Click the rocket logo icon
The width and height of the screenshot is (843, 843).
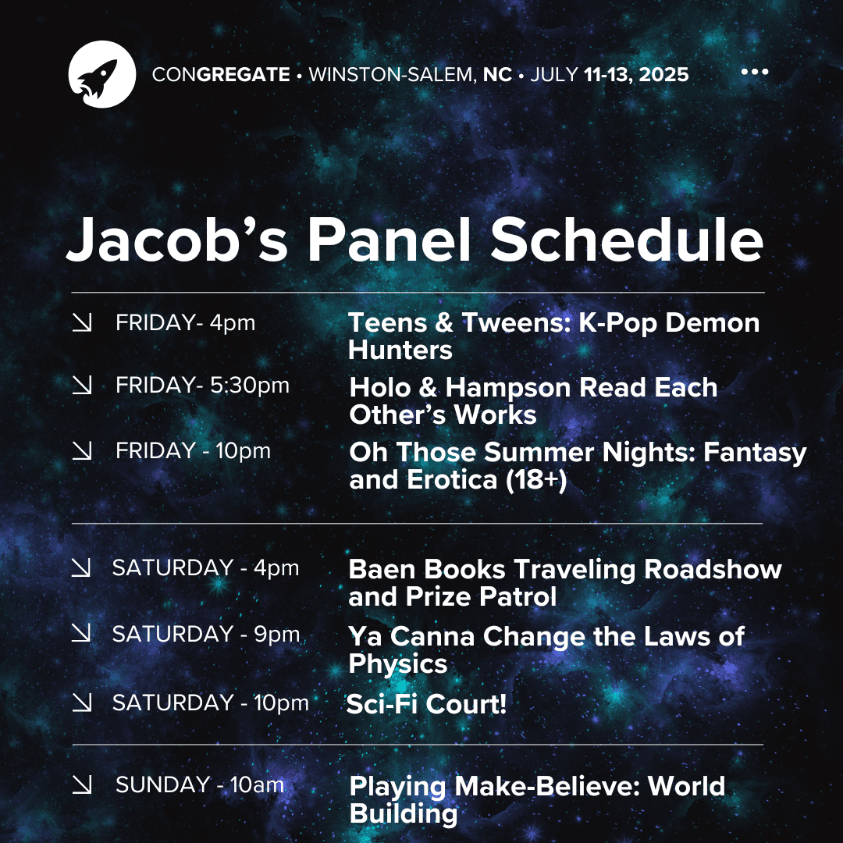pos(102,73)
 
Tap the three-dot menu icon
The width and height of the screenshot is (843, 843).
pos(754,73)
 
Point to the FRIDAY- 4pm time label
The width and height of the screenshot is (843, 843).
pos(185,322)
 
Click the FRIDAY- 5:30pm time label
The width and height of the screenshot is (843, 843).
pos(202,386)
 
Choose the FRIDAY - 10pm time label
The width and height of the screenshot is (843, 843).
pos(193,451)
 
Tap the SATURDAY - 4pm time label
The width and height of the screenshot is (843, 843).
pos(205,567)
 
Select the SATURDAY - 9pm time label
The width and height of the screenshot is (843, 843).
pos(206,634)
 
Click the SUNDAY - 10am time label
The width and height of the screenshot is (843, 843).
pos(200,784)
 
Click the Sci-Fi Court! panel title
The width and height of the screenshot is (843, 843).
pos(426,704)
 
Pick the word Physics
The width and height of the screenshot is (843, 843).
pos(397,663)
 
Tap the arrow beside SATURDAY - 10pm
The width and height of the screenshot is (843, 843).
pos(82,702)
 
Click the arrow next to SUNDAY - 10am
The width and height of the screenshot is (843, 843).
pos(82,785)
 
